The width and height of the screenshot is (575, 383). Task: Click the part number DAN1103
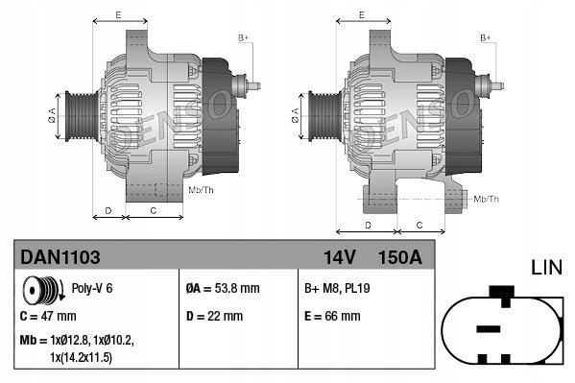(60, 256)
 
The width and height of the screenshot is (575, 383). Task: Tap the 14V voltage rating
(338, 256)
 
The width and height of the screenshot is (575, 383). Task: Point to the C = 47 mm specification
(48, 315)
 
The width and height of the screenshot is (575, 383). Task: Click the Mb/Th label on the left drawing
(202, 190)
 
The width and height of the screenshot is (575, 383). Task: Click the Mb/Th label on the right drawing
(487, 199)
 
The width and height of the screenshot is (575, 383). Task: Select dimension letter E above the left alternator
(117, 15)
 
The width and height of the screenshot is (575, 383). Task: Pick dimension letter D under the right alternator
(369, 225)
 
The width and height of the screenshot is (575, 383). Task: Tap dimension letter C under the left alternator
(154, 208)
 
